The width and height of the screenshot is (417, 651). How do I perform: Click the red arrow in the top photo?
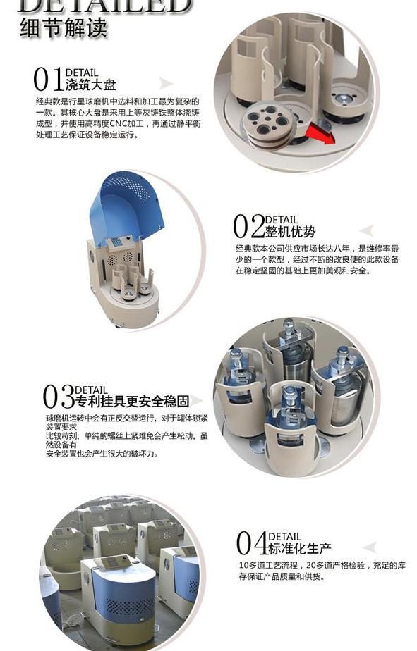pyautogui.click(x=320, y=134)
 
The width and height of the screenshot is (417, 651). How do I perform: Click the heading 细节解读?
pyautogui.click(x=64, y=27)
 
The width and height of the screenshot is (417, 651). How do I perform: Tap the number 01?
pyautogui.click(x=48, y=80)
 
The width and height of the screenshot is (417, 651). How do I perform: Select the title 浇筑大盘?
pyautogui.click(x=90, y=85)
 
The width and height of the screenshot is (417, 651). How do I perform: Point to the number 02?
pyautogui.click(x=248, y=226)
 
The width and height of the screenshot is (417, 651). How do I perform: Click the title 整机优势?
pyautogui.click(x=291, y=231)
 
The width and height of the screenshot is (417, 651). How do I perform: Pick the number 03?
pyautogui.click(x=59, y=397)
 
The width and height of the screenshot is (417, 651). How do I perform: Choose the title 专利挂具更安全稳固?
pyautogui.click(x=133, y=401)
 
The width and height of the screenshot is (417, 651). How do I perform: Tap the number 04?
pyautogui.click(x=252, y=543)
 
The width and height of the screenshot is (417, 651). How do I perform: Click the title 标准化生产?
pyautogui.click(x=300, y=548)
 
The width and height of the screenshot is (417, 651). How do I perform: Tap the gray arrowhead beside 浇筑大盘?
pyautogui.click(x=166, y=83)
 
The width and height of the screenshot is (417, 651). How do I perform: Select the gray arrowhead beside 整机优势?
pyautogui.click(x=366, y=230)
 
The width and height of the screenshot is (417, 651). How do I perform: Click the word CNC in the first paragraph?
pyautogui.click(x=119, y=124)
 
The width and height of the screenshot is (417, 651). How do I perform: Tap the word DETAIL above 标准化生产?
pyautogui.click(x=285, y=537)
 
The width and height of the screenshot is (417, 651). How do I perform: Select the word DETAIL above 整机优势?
pyautogui.click(x=282, y=220)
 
